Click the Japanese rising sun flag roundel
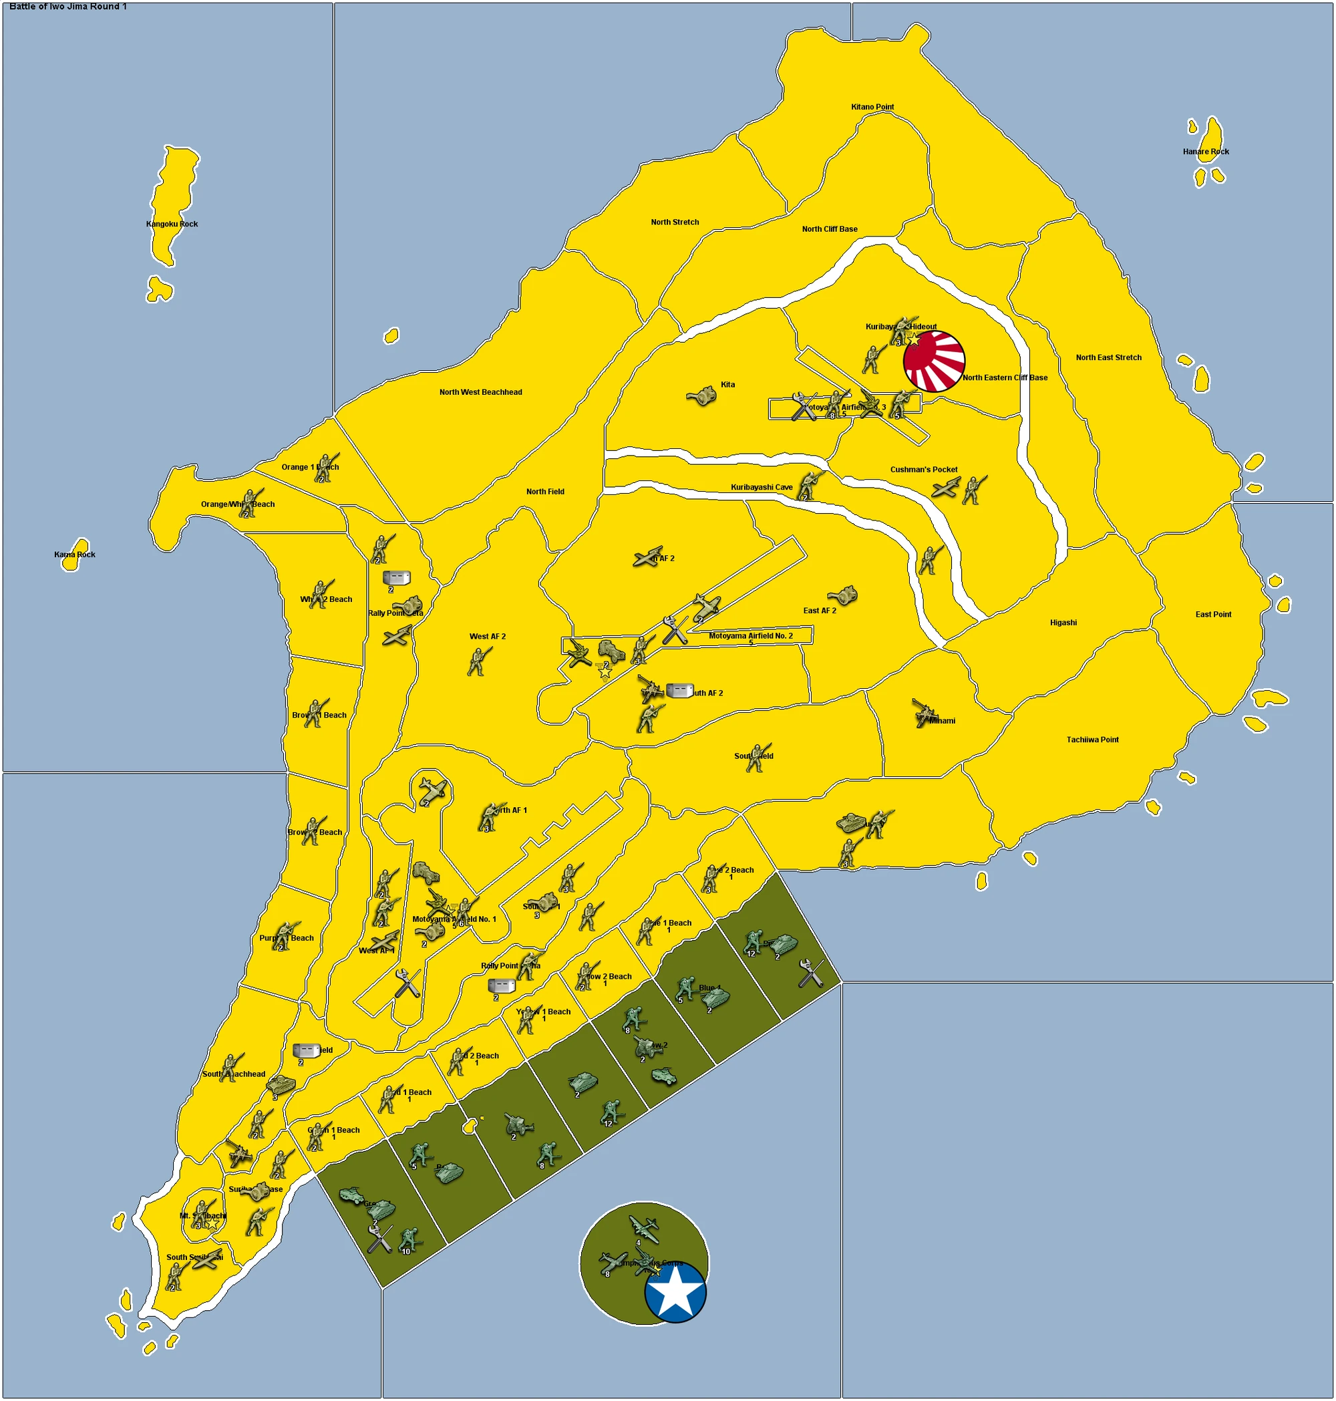934,361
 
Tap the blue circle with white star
675,1292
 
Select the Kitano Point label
872,107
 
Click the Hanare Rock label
1206,152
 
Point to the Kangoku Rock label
172,224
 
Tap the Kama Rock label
75,554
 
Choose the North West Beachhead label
480,392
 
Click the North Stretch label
675,222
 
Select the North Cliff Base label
829,229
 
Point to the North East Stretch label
1108,357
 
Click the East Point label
1213,614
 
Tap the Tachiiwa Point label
1092,740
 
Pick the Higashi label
1063,623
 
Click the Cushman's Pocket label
924,470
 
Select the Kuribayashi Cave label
762,487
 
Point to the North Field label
545,492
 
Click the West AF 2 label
487,636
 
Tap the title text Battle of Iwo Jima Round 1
67,7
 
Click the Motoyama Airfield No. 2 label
750,635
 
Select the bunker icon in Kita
701,396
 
